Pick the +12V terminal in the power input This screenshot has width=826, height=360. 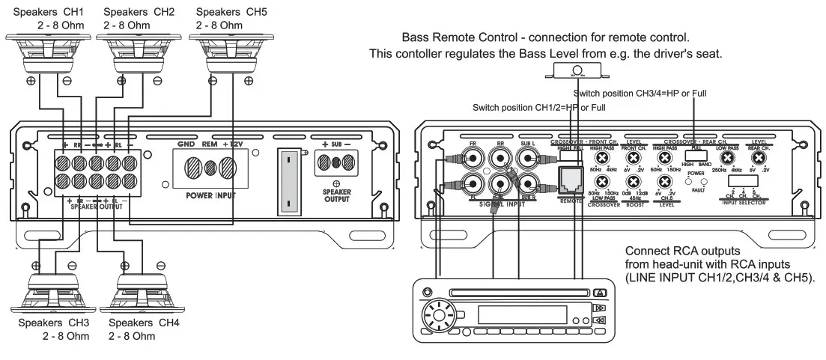[x=229, y=165]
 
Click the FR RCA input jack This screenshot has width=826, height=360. [x=473, y=159]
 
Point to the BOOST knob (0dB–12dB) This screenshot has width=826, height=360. [x=634, y=181]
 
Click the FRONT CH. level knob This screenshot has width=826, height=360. [x=634, y=159]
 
